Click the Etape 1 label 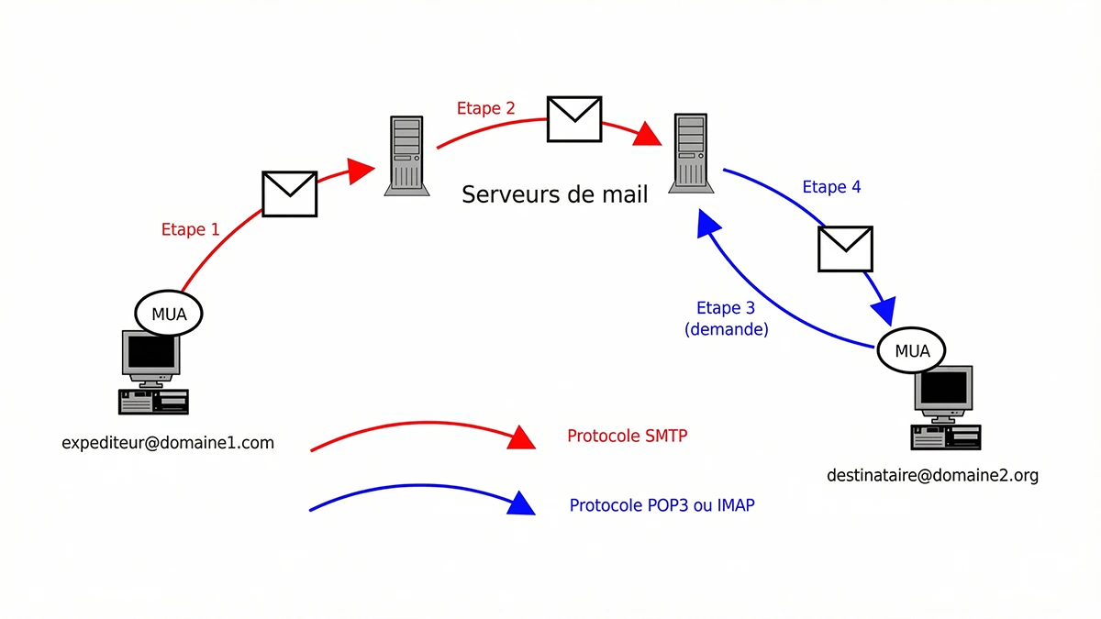click(x=190, y=229)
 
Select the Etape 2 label click(x=485, y=108)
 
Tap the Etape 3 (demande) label click(x=726, y=318)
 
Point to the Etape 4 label click(x=831, y=187)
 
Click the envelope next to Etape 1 click(x=289, y=193)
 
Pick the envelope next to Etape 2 click(x=574, y=118)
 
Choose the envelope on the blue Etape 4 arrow click(x=844, y=249)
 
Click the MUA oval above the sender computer click(x=169, y=314)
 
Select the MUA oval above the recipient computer click(x=912, y=350)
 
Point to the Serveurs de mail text click(x=554, y=194)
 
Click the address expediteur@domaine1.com click(x=168, y=443)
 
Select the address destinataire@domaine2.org click(x=932, y=475)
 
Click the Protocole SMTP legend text click(x=627, y=436)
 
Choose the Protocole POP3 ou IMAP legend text click(x=662, y=505)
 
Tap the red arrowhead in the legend click(x=521, y=437)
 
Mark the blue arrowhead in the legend click(x=521, y=503)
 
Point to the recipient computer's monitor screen click(x=942, y=389)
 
